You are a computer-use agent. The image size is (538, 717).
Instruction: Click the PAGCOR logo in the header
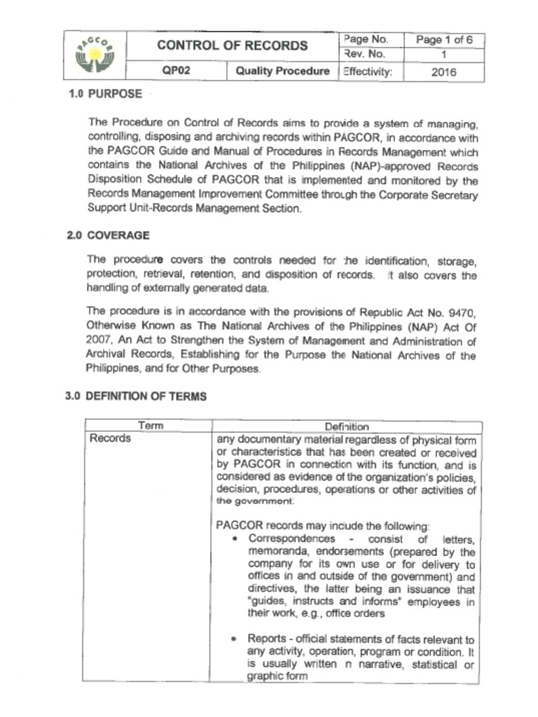94,56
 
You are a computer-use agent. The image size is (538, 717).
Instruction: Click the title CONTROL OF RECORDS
232,46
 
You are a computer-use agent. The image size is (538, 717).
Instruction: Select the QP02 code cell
176,71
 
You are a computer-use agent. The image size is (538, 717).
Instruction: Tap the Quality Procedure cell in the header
282,71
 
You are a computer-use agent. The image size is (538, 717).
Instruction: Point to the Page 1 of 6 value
444,40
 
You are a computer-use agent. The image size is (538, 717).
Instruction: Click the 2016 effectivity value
444,71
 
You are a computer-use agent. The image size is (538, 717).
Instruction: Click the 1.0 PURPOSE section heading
105,94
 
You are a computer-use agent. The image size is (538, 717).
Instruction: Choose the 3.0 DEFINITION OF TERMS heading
136,396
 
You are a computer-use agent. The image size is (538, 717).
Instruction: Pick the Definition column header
346,426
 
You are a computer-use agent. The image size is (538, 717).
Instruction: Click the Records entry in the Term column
109,439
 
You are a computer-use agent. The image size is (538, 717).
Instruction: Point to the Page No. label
365,39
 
